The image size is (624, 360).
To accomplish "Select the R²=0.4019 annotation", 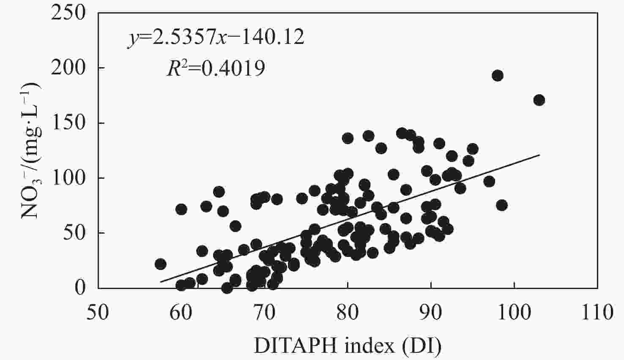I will tap(216, 68).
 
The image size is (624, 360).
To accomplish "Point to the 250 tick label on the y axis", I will tap(68, 13).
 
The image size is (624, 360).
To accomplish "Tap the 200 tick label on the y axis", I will tap(68, 68).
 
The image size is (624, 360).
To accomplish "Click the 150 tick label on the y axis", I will tap(68, 123).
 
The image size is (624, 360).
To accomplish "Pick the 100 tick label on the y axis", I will tap(68, 178).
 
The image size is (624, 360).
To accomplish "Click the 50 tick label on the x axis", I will tap(98, 313).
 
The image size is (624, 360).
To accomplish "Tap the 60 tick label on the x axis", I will tap(181, 313).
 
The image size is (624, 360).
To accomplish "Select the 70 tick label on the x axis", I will tap(264, 313).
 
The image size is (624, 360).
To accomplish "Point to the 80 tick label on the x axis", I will tap(348, 313).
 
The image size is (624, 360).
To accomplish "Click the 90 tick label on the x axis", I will tap(431, 313).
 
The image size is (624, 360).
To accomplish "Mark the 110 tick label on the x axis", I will tap(597, 313).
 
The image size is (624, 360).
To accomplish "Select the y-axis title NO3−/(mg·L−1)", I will tap(31, 150).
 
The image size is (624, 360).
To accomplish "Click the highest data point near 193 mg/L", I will tap(498, 76).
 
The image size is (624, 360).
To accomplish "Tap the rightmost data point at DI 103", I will tap(539, 100).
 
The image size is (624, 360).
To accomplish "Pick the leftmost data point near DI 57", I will tap(160, 264).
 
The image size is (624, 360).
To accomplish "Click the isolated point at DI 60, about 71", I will tap(181, 209).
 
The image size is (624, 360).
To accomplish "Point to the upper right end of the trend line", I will tap(539, 155).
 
